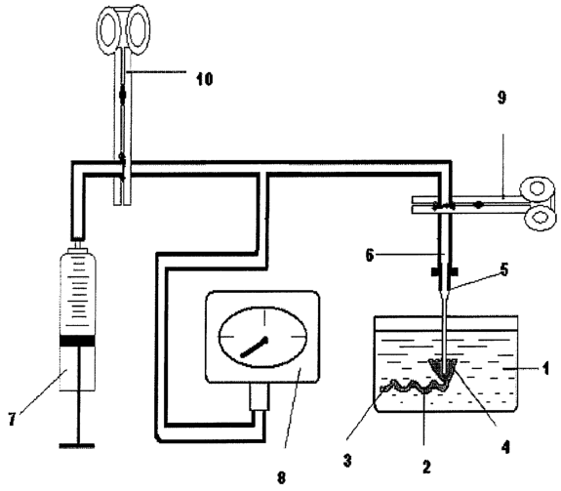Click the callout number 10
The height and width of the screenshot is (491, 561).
(x=204, y=79)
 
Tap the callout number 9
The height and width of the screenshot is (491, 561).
(x=501, y=98)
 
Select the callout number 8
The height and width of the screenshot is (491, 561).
(x=282, y=477)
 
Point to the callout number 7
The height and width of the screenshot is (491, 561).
(x=13, y=419)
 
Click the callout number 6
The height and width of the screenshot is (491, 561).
(x=370, y=255)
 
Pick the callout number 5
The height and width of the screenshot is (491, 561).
(x=503, y=269)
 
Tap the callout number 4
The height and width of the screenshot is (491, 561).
(x=504, y=447)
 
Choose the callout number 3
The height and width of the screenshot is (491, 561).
(x=347, y=460)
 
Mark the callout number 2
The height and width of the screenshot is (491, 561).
(x=426, y=467)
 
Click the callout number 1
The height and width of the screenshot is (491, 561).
(x=545, y=368)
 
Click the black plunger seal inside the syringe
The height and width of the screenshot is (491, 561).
(x=77, y=341)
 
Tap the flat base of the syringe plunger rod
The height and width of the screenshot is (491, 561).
(x=77, y=446)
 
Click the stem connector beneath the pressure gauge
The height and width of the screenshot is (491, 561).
(x=259, y=397)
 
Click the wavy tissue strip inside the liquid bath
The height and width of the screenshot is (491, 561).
(x=415, y=386)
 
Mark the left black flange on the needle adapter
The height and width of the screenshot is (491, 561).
(x=435, y=272)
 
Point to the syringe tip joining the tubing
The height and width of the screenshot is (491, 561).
(x=78, y=245)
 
